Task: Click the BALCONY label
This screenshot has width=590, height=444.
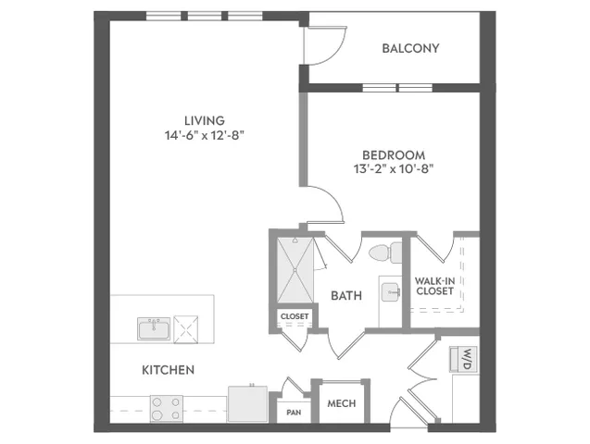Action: (x=410, y=48)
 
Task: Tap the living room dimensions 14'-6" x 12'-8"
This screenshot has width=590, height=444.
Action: (x=205, y=135)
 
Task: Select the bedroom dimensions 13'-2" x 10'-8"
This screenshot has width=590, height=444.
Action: (x=394, y=169)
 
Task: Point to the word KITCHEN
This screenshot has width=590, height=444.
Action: (x=169, y=370)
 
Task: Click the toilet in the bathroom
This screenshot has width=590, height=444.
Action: (x=385, y=253)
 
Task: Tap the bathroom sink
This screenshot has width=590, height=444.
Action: (x=391, y=292)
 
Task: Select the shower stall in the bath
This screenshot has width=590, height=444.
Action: (x=295, y=269)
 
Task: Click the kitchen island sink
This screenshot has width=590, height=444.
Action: (x=154, y=329)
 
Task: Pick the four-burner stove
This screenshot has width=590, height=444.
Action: (x=167, y=409)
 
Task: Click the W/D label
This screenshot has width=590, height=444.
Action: (x=468, y=360)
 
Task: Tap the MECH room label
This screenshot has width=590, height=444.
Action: (x=341, y=404)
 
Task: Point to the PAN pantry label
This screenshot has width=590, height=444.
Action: (x=294, y=413)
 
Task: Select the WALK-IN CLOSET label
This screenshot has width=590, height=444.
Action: (x=434, y=286)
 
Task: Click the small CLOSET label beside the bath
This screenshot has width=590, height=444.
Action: (x=295, y=316)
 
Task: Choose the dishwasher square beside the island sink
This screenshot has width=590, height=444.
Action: (x=186, y=329)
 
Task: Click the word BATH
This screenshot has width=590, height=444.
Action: (x=346, y=296)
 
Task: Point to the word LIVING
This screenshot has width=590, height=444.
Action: (x=205, y=120)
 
